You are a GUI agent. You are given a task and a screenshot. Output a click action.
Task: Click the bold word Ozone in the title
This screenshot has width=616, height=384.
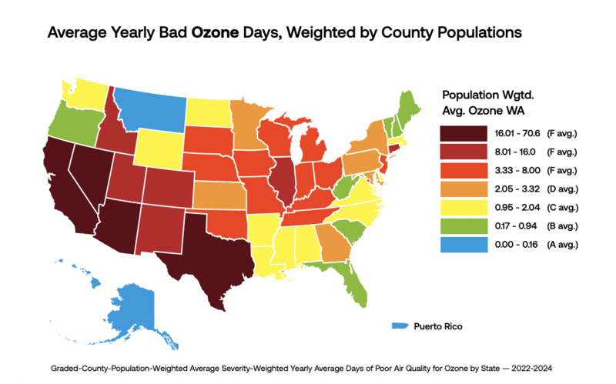tap(215, 32)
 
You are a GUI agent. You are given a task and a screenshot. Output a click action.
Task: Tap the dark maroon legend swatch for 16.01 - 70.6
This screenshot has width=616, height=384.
tap(464, 133)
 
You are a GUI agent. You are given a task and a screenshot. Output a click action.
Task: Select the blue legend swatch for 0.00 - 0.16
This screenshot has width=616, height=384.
tap(464, 245)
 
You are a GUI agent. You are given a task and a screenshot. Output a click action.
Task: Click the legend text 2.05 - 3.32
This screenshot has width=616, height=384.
tap(517, 189)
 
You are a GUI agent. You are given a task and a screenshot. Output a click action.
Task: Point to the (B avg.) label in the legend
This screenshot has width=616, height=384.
tap(562, 226)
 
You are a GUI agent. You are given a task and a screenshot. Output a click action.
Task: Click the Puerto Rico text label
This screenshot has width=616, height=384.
tap(438, 326)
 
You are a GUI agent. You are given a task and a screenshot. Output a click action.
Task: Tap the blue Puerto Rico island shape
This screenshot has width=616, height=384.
tap(400, 326)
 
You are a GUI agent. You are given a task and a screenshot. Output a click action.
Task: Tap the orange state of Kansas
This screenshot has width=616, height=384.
tap(218, 195)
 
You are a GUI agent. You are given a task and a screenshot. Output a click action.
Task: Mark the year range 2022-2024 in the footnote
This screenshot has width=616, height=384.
tap(531, 369)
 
